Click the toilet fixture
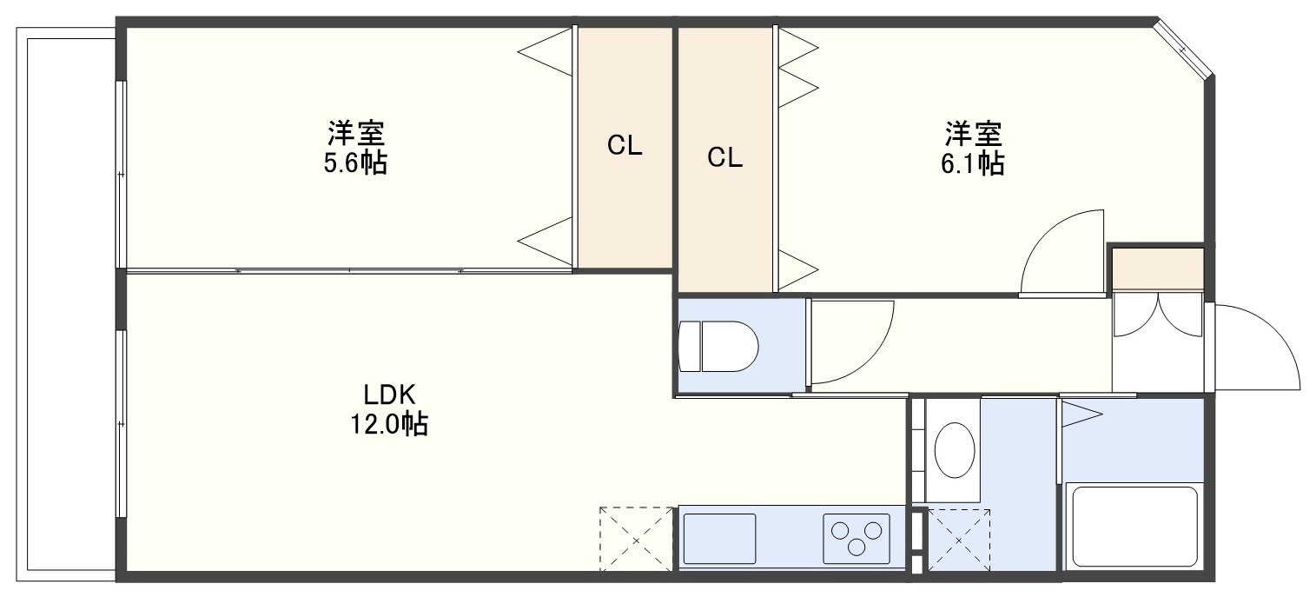718,346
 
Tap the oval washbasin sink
955,451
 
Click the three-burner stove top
856,539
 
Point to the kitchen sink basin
720,539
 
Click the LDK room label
389,395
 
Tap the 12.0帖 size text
389,424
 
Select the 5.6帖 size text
355,163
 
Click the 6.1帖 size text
972,164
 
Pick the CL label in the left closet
625,145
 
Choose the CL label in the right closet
724,157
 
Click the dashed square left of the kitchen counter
636,539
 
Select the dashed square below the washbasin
958,540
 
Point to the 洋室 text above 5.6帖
356,134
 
